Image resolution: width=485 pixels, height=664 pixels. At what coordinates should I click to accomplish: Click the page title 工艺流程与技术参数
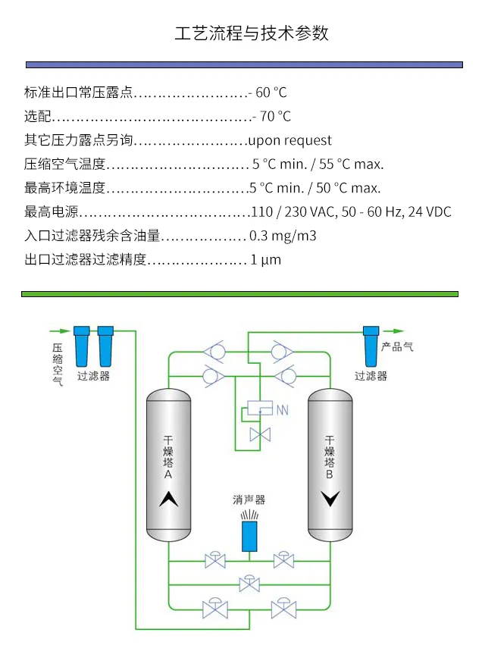[x=252, y=33]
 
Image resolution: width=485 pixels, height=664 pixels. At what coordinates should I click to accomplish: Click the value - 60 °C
[x=268, y=92]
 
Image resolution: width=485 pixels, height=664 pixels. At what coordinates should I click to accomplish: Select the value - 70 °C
[x=272, y=116]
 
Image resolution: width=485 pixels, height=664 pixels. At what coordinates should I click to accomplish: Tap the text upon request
[x=290, y=140]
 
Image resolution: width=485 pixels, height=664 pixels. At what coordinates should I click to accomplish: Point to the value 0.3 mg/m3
[x=283, y=236]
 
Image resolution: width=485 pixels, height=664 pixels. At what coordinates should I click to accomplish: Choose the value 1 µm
[x=266, y=259]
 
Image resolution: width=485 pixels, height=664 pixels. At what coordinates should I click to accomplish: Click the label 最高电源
[x=52, y=211]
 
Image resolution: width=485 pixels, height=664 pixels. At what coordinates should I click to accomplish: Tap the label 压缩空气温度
[x=64, y=164]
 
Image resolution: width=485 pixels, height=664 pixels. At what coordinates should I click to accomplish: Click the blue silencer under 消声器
[x=249, y=536]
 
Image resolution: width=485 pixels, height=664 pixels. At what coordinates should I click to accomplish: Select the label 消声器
[x=249, y=500]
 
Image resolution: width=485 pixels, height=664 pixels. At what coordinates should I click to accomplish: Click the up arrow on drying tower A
[x=168, y=499]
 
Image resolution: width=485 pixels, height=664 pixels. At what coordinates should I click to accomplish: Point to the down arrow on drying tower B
[x=330, y=499]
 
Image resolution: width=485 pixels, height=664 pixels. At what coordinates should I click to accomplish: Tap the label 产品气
[x=397, y=347]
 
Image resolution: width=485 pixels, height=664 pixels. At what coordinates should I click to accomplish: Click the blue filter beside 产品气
[x=371, y=346]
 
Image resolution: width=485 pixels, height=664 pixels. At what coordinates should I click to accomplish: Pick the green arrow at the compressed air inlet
[x=60, y=330]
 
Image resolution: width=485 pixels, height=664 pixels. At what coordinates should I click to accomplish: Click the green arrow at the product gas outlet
[x=393, y=330]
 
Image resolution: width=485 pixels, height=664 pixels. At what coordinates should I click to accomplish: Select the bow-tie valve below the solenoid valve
[x=260, y=435]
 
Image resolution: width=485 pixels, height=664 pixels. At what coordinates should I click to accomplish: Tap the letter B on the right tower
[x=329, y=475]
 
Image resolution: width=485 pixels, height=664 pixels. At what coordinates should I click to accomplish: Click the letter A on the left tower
[x=168, y=475]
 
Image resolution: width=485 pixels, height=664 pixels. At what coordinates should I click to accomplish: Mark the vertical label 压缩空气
[x=58, y=364]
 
